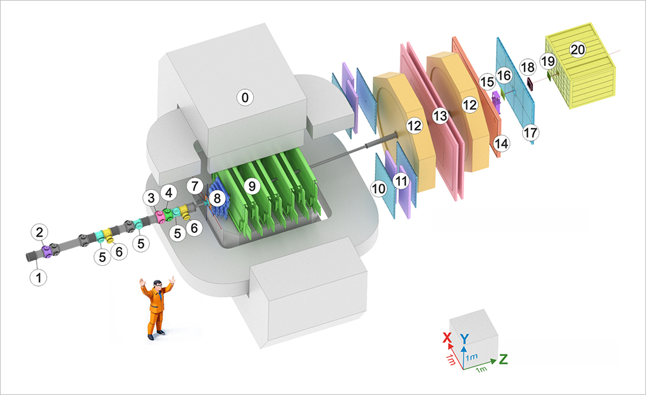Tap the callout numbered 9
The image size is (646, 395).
coord(252,186)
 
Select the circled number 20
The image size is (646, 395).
coord(576,49)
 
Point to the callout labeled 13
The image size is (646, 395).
coord(439,115)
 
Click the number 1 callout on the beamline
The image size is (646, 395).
coord(40,277)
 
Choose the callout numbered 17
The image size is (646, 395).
coord(530,133)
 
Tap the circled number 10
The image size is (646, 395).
coord(379,188)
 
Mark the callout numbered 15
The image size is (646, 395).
coord(487,82)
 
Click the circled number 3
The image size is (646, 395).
coord(150,198)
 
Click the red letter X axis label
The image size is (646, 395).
coord(447,338)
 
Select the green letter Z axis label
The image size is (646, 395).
coord(504,360)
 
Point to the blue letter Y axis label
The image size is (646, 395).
coord(465,338)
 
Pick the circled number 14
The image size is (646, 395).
coord(501,144)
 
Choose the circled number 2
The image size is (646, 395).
coord(40,233)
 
